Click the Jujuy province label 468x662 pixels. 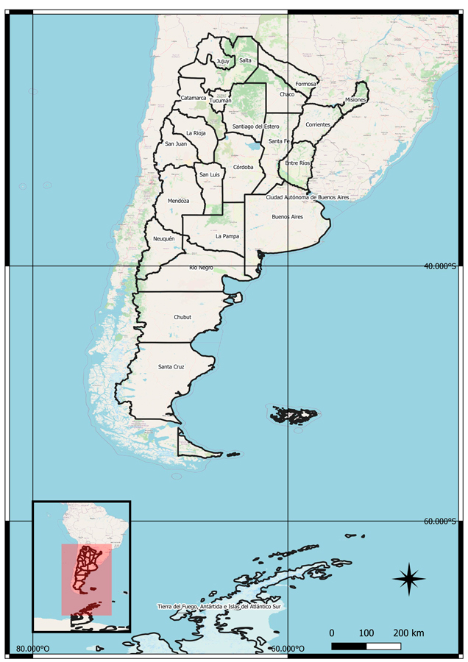point(223,61)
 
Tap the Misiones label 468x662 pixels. point(356,99)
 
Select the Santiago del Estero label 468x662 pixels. point(255,127)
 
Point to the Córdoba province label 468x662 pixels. point(243,167)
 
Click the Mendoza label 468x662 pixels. point(178,201)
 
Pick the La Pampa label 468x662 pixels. point(227,236)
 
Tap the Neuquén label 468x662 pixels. point(164,239)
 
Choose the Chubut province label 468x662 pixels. point(182,317)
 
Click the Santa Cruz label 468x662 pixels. point(171,366)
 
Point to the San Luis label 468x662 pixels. point(210,174)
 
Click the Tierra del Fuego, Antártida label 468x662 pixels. point(219,607)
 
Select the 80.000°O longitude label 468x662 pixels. point(33,649)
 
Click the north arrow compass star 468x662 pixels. point(409,578)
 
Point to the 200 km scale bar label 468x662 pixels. point(408,633)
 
